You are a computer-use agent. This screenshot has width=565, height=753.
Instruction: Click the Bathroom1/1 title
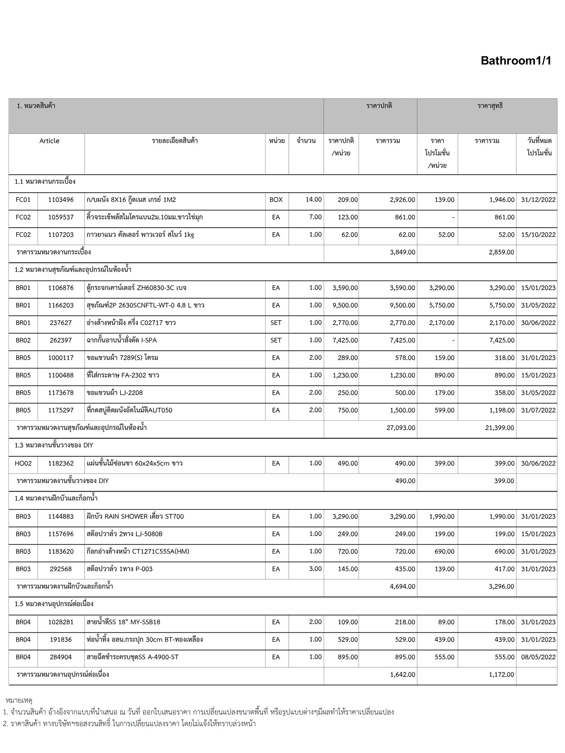click(x=516, y=61)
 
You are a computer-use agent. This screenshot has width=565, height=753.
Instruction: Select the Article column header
click(x=49, y=141)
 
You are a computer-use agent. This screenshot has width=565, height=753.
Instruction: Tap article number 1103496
click(x=61, y=200)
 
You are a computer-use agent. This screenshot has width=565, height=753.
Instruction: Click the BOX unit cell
click(x=276, y=200)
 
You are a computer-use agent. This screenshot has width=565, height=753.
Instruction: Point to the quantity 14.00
click(x=313, y=199)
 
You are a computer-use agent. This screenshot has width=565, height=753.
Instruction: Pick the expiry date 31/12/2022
click(x=538, y=200)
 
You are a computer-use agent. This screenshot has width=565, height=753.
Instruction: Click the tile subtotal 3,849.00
click(x=402, y=252)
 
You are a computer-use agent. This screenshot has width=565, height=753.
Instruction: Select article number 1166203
click(x=61, y=305)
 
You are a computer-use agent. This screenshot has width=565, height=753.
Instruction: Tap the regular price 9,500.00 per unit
click(x=345, y=305)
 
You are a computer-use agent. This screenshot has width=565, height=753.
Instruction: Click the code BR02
click(x=23, y=340)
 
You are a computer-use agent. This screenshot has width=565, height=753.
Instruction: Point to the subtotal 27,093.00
click(x=401, y=428)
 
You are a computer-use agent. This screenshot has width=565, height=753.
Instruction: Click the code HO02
click(x=23, y=463)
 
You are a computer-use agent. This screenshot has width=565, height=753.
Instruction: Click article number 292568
click(x=61, y=569)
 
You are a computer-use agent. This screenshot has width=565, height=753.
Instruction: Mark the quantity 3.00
click(x=315, y=568)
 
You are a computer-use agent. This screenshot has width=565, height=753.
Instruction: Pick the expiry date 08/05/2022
click(x=538, y=657)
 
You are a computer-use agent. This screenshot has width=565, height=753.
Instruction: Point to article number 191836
click(x=61, y=639)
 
